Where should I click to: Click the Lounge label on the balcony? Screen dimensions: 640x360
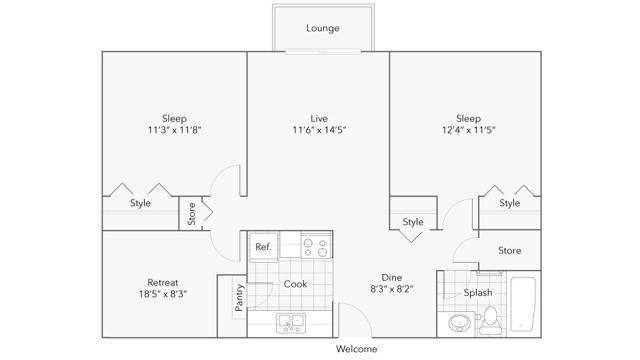(322, 28)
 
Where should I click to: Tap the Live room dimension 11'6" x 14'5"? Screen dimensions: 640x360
(319, 130)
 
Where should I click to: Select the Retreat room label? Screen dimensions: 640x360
(163, 282)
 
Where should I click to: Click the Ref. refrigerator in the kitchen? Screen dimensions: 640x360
(264, 247)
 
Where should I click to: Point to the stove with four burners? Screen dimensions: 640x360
(316, 246)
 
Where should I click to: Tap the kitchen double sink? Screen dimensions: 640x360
(291, 323)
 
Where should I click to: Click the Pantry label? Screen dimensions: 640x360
(239, 298)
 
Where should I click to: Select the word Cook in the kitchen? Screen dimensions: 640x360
(295, 284)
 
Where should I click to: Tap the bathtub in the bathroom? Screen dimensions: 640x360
(523, 304)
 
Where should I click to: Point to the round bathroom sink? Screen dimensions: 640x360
(459, 323)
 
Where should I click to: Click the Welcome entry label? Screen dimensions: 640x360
(356, 349)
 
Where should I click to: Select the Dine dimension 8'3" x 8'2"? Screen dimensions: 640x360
(392, 289)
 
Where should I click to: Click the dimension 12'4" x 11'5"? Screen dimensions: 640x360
(469, 130)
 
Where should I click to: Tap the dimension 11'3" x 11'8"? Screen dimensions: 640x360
(175, 130)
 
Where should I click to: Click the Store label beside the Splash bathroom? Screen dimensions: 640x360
(509, 250)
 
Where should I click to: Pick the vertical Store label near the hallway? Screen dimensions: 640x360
(191, 214)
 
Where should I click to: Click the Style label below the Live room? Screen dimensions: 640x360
(413, 222)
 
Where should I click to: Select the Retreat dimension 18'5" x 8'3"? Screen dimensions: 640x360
(163, 294)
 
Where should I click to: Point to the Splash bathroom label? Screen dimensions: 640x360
(478, 293)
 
